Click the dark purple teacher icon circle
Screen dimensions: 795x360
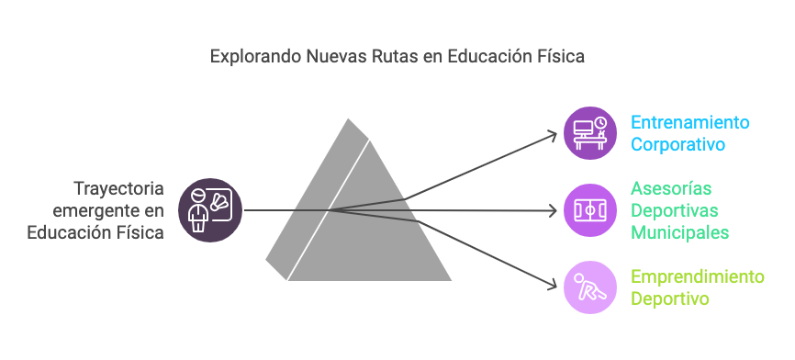coord(210,210)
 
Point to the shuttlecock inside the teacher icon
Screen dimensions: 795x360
coord(219,201)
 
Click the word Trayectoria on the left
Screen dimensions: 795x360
coord(119,188)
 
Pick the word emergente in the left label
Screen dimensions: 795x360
coord(93,210)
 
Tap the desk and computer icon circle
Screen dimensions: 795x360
coord(590,133)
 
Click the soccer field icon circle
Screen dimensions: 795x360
coord(590,210)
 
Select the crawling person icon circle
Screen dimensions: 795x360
coord(590,287)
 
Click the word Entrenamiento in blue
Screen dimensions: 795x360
coord(690,123)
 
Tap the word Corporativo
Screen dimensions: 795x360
coord(677,144)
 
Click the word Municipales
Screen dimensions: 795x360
coord(680,232)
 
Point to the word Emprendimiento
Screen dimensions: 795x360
coord(697,276)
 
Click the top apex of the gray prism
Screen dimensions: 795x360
coord(348,118)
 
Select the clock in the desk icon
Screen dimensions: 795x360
coord(600,123)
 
